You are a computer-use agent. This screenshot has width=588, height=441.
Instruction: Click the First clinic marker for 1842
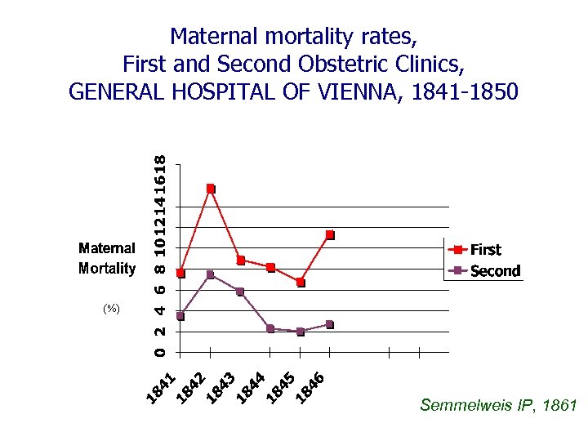pyautogui.click(x=211, y=189)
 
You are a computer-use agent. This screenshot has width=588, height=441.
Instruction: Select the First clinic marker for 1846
pyautogui.click(x=330, y=235)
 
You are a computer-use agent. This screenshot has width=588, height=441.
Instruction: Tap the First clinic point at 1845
pyautogui.click(x=301, y=283)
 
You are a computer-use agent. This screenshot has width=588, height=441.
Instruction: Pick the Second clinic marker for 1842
pyautogui.click(x=211, y=274)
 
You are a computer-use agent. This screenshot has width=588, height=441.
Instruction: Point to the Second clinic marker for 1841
pyautogui.click(x=180, y=316)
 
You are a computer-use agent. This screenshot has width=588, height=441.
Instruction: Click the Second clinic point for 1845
pyautogui.click(x=301, y=332)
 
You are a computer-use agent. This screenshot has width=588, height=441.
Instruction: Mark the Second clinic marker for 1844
pyautogui.click(x=270, y=329)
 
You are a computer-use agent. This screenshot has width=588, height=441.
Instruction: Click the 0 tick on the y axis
pyautogui.click(x=160, y=352)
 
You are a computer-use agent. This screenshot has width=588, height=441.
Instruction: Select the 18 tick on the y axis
pyautogui.click(x=160, y=163)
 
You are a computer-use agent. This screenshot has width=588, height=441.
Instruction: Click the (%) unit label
pyautogui.click(x=111, y=309)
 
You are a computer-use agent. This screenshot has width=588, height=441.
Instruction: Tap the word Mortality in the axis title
pyautogui.click(x=107, y=268)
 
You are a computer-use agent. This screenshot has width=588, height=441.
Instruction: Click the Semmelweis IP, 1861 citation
pyautogui.click(x=498, y=405)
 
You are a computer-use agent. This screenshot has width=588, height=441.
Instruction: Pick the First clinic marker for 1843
pyautogui.click(x=241, y=261)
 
